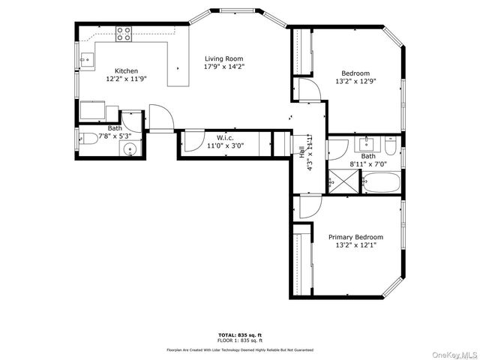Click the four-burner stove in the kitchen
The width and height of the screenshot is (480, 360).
coord(124,33)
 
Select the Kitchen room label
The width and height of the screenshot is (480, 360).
coord(126,70)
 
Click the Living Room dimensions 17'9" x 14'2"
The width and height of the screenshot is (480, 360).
coord(224,67)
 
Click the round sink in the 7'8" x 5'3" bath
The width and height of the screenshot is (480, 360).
coord(130,148)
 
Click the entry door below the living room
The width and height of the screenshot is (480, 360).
coord(160,118)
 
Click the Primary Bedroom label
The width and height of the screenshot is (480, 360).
coord(355,236)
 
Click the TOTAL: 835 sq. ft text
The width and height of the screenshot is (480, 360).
coord(240,334)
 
